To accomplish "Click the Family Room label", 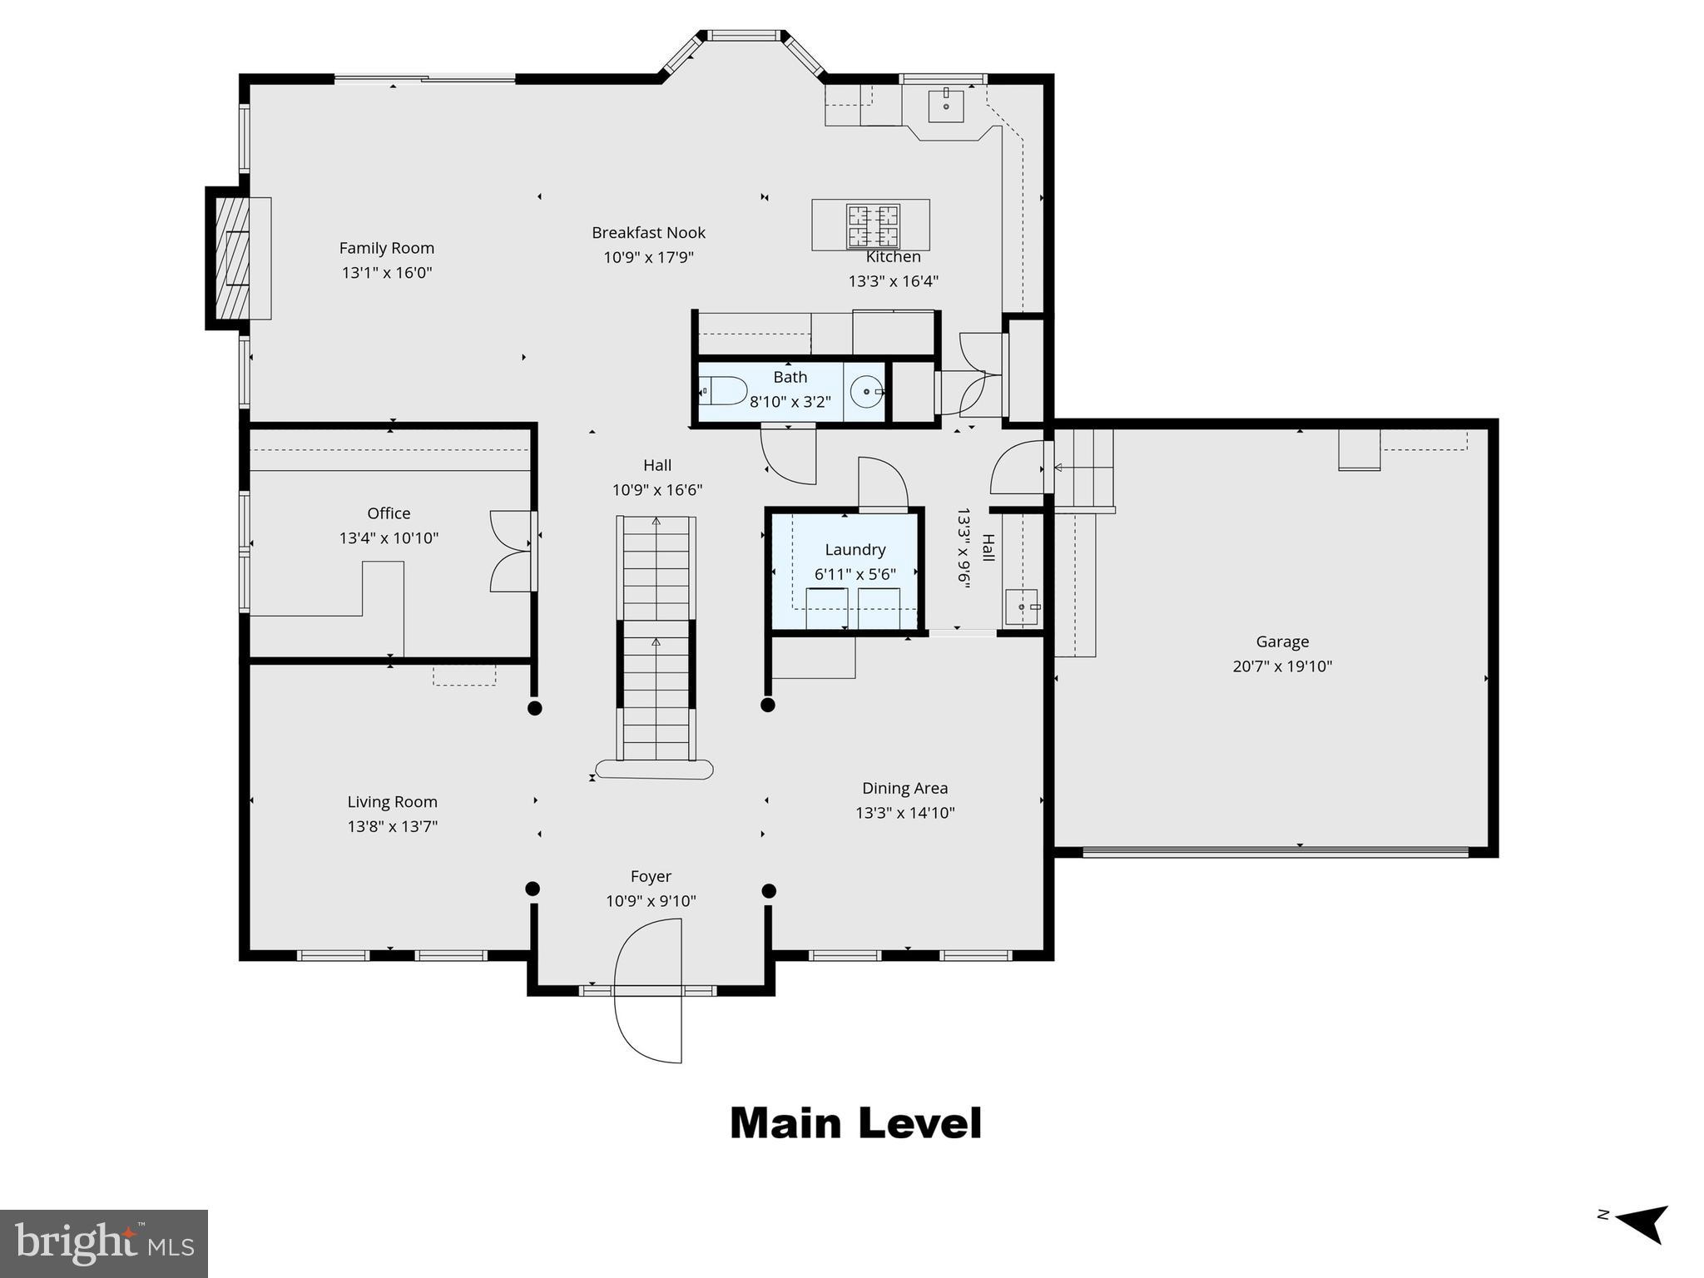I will coord(386,248).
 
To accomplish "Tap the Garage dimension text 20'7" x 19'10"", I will coord(1281,666).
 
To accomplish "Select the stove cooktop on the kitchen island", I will coord(872,226).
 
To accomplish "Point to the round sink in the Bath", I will coord(866,390).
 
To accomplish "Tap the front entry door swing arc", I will coord(647,990).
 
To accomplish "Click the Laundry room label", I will coord(854,550).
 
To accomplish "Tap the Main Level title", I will coord(855,1123).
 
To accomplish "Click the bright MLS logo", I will coord(104,1244).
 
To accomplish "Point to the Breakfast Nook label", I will coord(648,233).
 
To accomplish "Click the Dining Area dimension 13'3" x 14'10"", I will coord(904,813).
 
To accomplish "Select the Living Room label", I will coord(392,802).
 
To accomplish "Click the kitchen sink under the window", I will coord(946,106).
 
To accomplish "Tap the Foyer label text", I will coord(651,877).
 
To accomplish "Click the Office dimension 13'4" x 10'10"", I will coord(389,538).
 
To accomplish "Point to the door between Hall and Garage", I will coord(1019,468).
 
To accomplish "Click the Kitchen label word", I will coord(893,257).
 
